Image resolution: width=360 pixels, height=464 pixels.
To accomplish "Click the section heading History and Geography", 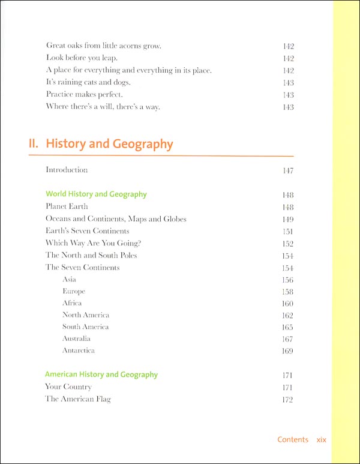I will coord(109,144).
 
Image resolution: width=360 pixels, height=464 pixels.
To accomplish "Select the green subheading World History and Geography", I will coord(96,194).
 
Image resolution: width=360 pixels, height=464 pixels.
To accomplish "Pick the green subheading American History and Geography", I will coord(101,375).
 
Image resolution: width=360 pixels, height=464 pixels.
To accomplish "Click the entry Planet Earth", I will coord(67,206).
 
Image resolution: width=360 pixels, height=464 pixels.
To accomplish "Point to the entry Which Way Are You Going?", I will coord(88,243).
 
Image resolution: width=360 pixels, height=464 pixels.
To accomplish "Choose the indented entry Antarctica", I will coord(79,351).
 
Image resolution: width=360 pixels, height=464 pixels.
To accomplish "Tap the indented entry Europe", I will coord(74,292).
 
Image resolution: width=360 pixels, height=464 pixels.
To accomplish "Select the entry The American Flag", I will coord(78,399).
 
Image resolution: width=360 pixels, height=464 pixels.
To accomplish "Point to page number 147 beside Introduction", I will coord(287,170).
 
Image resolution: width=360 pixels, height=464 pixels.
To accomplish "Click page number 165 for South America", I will coord(287,328).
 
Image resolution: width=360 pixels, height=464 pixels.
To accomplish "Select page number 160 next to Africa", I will coord(287,304).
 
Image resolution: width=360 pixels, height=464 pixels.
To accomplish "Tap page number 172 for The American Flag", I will coord(287,400).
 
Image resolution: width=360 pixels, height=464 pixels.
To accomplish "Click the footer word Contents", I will coord(293,440).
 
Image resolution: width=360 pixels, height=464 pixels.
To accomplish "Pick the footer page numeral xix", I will coord(321,440).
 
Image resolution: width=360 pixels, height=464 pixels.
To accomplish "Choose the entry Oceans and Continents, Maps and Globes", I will coord(116,219).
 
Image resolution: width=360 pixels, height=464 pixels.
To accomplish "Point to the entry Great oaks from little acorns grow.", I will coord(104,46).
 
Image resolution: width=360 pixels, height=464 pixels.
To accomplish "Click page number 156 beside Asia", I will coord(287,280).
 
